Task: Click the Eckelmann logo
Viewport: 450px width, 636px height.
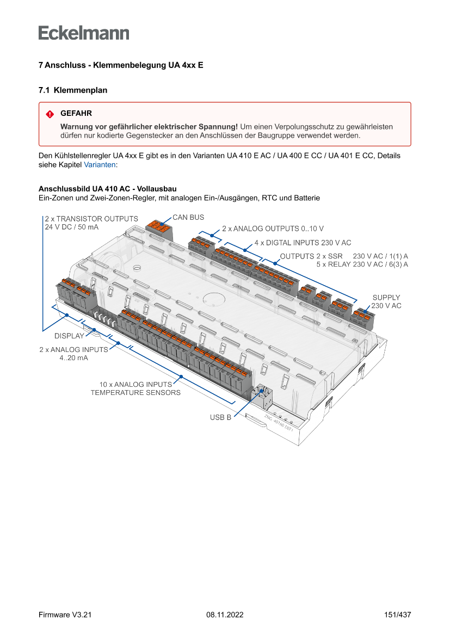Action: click(x=84, y=33)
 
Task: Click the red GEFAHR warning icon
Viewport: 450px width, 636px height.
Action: click(x=50, y=114)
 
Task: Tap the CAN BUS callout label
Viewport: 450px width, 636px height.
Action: click(x=188, y=218)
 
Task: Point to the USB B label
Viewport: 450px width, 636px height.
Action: click(x=221, y=418)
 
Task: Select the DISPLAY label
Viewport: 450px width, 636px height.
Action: click(x=69, y=336)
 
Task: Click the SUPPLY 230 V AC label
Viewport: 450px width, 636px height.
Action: click(x=386, y=302)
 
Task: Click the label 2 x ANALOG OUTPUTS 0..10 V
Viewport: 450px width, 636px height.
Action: click(x=273, y=229)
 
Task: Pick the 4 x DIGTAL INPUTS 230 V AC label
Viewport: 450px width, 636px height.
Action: click(x=303, y=243)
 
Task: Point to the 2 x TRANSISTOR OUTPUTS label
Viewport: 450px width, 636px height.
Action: click(x=91, y=219)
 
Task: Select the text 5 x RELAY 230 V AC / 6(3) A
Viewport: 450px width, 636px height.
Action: click(x=362, y=264)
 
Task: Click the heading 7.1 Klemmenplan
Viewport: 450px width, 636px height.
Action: click(x=73, y=90)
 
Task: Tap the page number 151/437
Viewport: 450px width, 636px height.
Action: click(x=397, y=615)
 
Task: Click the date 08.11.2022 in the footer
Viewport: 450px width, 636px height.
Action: click(x=225, y=615)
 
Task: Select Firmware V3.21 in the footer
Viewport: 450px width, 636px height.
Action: click(x=65, y=615)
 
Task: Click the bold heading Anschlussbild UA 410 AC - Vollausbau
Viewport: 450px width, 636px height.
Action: click(x=107, y=189)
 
